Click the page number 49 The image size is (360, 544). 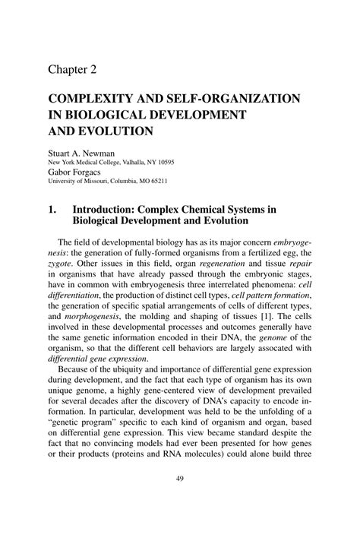(179, 501)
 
